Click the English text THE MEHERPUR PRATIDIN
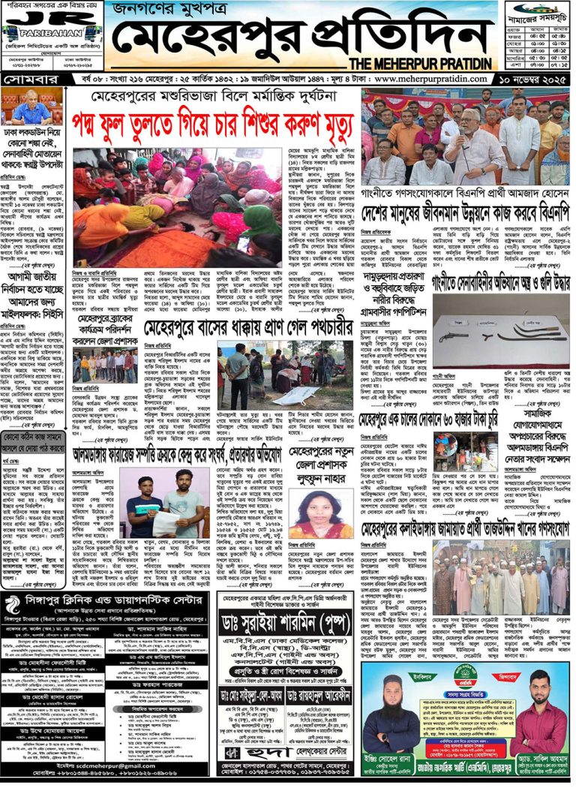[x=422, y=63]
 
